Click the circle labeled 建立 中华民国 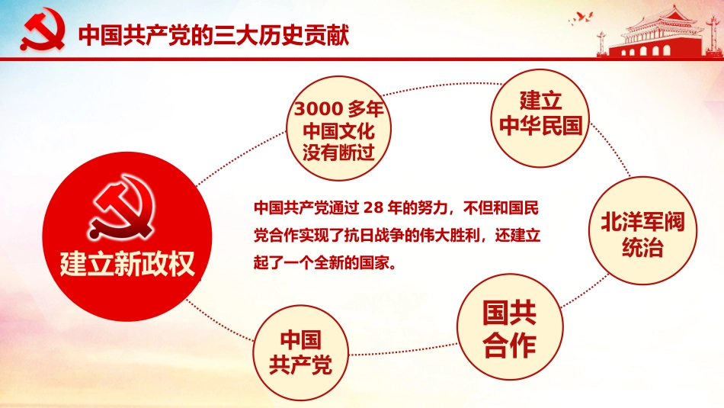point(540,114)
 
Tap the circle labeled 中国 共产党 point(300,352)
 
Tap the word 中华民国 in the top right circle point(540,126)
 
